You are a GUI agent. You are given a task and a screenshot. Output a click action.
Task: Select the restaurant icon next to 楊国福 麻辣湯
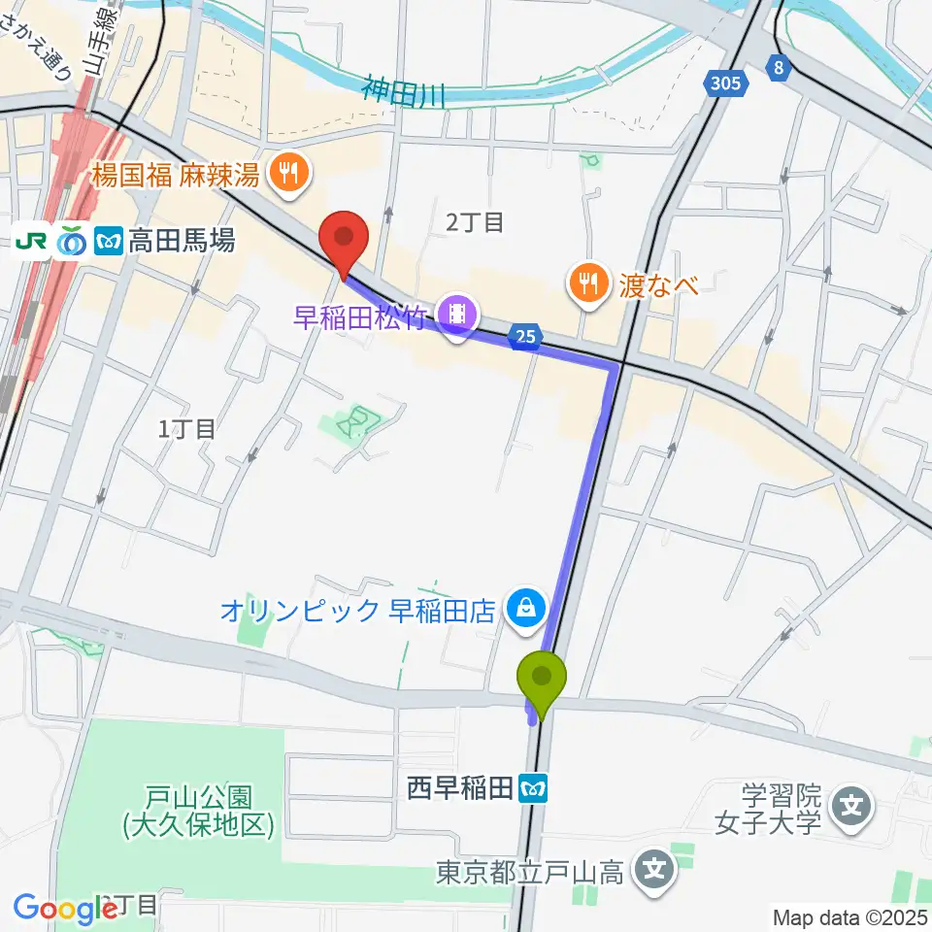pyautogui.click(x=288, y=175)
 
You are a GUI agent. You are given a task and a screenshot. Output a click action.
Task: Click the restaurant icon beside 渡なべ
pyautogui.click(x=587, y=283)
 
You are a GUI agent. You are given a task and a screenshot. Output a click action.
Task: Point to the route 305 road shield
pyautogui.click(x=726, y=83)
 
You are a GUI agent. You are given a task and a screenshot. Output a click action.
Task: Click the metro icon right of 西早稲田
pyautogui.click(x=533, y=789)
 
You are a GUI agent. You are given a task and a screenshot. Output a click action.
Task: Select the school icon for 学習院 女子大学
pyautogui.click(x=852, y=805)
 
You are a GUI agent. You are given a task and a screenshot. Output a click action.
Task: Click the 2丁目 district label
pyautogui.click(x=475, y=222)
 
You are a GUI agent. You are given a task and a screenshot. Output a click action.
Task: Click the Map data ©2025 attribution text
pyautogui.click(x=849, y=916)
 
